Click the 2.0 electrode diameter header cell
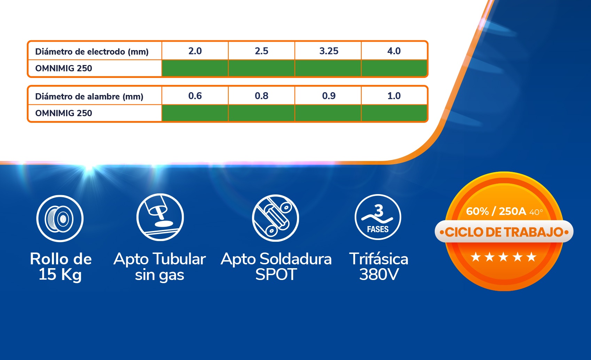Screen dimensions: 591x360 (195, 51)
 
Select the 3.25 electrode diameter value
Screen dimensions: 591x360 (329, 51)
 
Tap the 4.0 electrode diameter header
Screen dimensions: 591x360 (394, 51)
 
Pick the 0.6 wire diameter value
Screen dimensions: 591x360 (195, 96)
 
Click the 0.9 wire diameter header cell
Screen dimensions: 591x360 (329, 96)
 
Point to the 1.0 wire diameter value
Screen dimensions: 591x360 (394, 96)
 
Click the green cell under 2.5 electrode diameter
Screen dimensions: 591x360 (261, 68)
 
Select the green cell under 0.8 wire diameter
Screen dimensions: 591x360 (261, 113)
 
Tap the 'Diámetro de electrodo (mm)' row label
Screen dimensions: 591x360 (92, 52)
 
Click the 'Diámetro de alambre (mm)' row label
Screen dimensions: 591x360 (89, 97)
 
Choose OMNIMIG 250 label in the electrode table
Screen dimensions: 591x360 (64, 68)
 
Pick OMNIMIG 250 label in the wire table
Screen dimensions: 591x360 (64, 113)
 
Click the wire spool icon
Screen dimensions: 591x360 (60, 218)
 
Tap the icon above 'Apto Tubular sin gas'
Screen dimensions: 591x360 (160, 217)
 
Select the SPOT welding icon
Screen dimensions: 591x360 (275, 218)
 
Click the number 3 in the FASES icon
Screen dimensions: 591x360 (379, 210)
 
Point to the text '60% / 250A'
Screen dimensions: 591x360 (496, 211)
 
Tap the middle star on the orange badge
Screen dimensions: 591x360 (503, 257)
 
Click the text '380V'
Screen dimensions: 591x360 (379, 274)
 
